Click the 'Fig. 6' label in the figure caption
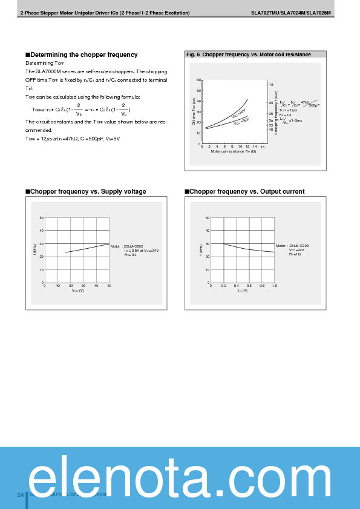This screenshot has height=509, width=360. [193, 54]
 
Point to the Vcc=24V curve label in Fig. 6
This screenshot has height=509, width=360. [238, 113]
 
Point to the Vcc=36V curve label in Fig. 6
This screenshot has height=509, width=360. [241, 122]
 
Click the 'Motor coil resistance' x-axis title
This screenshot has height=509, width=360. [234, 151]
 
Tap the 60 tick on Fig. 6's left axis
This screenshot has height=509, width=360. [199, 80]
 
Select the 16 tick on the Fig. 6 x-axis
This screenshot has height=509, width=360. [263, 146]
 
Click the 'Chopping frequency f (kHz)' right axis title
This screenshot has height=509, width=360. [276, 112]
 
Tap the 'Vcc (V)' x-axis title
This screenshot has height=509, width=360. [77, 291]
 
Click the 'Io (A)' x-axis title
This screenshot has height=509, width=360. [243, 291]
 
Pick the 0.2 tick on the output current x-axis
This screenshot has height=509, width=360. [224, 286]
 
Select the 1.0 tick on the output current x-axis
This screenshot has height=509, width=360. [275, 286]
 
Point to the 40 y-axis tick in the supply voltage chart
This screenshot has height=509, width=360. [41, 231]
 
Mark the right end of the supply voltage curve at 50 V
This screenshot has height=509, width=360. [110, 244]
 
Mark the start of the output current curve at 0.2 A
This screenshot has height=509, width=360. [224, 244]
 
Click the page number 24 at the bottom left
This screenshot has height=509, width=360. [20, 495]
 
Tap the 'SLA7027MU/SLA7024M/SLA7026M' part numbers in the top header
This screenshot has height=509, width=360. [290, 13]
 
